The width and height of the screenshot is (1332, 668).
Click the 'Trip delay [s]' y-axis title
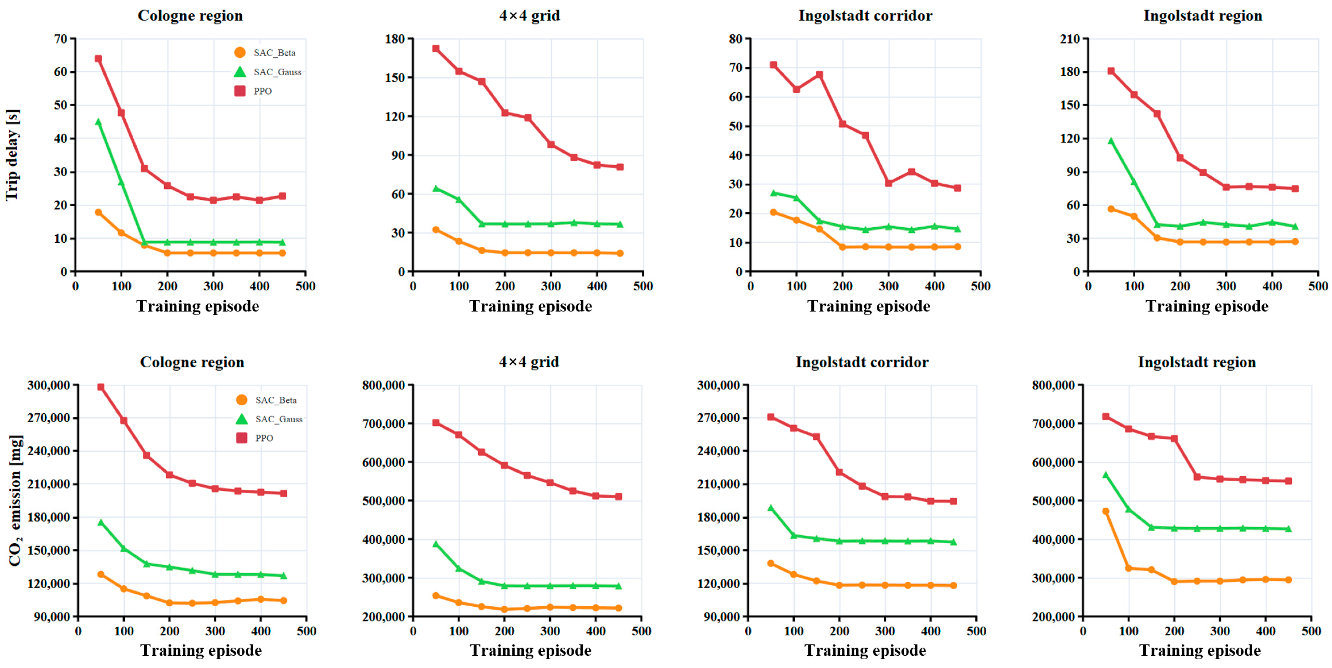(x=12, y=155)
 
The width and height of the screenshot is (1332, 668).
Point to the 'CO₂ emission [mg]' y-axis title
(x=16, y=500)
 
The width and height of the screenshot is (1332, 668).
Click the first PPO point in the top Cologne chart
(x=98, y=58)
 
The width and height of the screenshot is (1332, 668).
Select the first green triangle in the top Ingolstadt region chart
(x=1111, y=141)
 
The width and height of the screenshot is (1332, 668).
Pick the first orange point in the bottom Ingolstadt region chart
(x=1106, y=511)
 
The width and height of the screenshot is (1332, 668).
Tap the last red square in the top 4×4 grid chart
(x=619, y=167)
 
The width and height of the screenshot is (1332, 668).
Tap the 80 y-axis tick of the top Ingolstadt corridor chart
(x=736, y=39)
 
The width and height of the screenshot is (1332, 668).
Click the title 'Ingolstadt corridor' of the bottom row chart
(x=862, y=362)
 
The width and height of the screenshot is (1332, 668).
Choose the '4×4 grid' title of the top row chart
(x=529, y=16)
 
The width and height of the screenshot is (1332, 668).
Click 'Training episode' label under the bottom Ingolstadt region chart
(x=1200, y=650)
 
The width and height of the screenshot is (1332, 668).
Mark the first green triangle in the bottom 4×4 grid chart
(x=436, y=544)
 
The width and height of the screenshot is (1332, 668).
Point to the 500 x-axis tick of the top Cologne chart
(x=305, y=286)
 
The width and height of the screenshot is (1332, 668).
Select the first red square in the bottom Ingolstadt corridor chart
(x=771, y=417)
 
